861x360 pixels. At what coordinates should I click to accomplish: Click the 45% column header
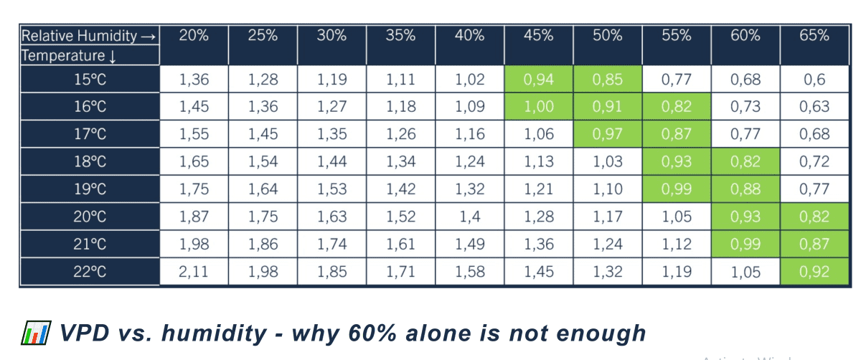[x=539, y=35]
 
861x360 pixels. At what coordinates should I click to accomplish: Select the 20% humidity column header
[x=194, y=35]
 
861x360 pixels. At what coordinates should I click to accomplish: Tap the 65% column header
[x=814, y=35]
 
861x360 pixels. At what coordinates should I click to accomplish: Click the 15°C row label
[x=90, y=79]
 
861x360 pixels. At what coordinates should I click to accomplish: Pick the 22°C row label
[x=90, y=272]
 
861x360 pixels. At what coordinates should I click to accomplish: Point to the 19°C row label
[x=90, y=189]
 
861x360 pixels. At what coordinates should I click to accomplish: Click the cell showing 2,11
[x=194, y=272]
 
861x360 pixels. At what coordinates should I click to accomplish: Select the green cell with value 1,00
[x=539, y=106]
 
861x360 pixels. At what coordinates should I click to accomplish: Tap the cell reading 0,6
[x=814, y=79]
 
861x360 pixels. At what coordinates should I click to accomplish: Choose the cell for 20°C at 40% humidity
[x=470, y=217]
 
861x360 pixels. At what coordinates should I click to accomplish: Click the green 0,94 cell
[x=539, y=79]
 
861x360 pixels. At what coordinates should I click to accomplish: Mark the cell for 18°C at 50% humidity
[x=608, y=161]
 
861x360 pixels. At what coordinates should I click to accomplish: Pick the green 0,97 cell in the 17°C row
[x=608, y=133]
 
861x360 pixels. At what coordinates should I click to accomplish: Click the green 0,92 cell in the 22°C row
[x=814, y=272]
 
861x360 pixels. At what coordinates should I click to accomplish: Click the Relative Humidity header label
[x=88, y=36]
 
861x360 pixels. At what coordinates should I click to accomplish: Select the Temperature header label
[x=68, y=56]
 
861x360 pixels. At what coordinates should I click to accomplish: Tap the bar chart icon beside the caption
[x=36, y=333]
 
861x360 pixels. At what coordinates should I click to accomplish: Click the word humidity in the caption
[x=214, y=333]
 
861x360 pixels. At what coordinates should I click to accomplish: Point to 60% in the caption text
[x=372, y=333]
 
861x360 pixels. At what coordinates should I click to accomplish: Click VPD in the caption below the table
[x=85, y=333]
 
